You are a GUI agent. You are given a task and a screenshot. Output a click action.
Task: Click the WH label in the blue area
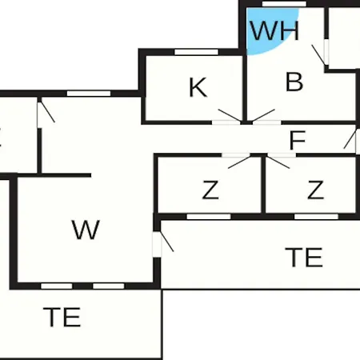(274, 30)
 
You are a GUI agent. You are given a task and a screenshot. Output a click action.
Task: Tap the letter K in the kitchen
(198, 87)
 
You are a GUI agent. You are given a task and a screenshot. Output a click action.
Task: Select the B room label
(294, 82)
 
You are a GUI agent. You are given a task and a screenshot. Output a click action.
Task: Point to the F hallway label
(298, 140)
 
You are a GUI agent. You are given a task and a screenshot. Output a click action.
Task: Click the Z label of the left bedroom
(210, 190)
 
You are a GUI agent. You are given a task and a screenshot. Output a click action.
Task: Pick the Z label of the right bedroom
(316, 190)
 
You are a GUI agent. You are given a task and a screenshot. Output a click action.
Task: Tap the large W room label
(86, 230)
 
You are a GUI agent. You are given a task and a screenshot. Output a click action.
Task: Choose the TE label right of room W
(304, 257)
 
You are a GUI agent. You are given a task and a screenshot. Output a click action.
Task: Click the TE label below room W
(62, 317)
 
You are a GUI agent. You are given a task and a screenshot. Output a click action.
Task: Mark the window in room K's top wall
(196, 52)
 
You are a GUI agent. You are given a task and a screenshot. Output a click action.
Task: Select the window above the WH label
(284, 4)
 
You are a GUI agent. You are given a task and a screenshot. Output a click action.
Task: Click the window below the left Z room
(209, 217)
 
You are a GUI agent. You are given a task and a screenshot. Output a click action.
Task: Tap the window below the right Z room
(316, 217)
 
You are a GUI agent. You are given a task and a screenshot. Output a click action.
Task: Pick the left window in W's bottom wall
(57, 286)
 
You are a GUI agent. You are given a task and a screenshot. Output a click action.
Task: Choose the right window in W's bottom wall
(109, 286)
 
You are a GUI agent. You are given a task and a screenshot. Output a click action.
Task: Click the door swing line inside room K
(230, 115)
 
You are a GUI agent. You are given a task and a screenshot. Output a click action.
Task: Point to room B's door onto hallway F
(263, 115)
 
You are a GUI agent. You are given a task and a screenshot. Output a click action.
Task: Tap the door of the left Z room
(239, 162)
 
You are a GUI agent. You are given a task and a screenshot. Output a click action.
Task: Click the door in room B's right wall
(318, 55)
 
